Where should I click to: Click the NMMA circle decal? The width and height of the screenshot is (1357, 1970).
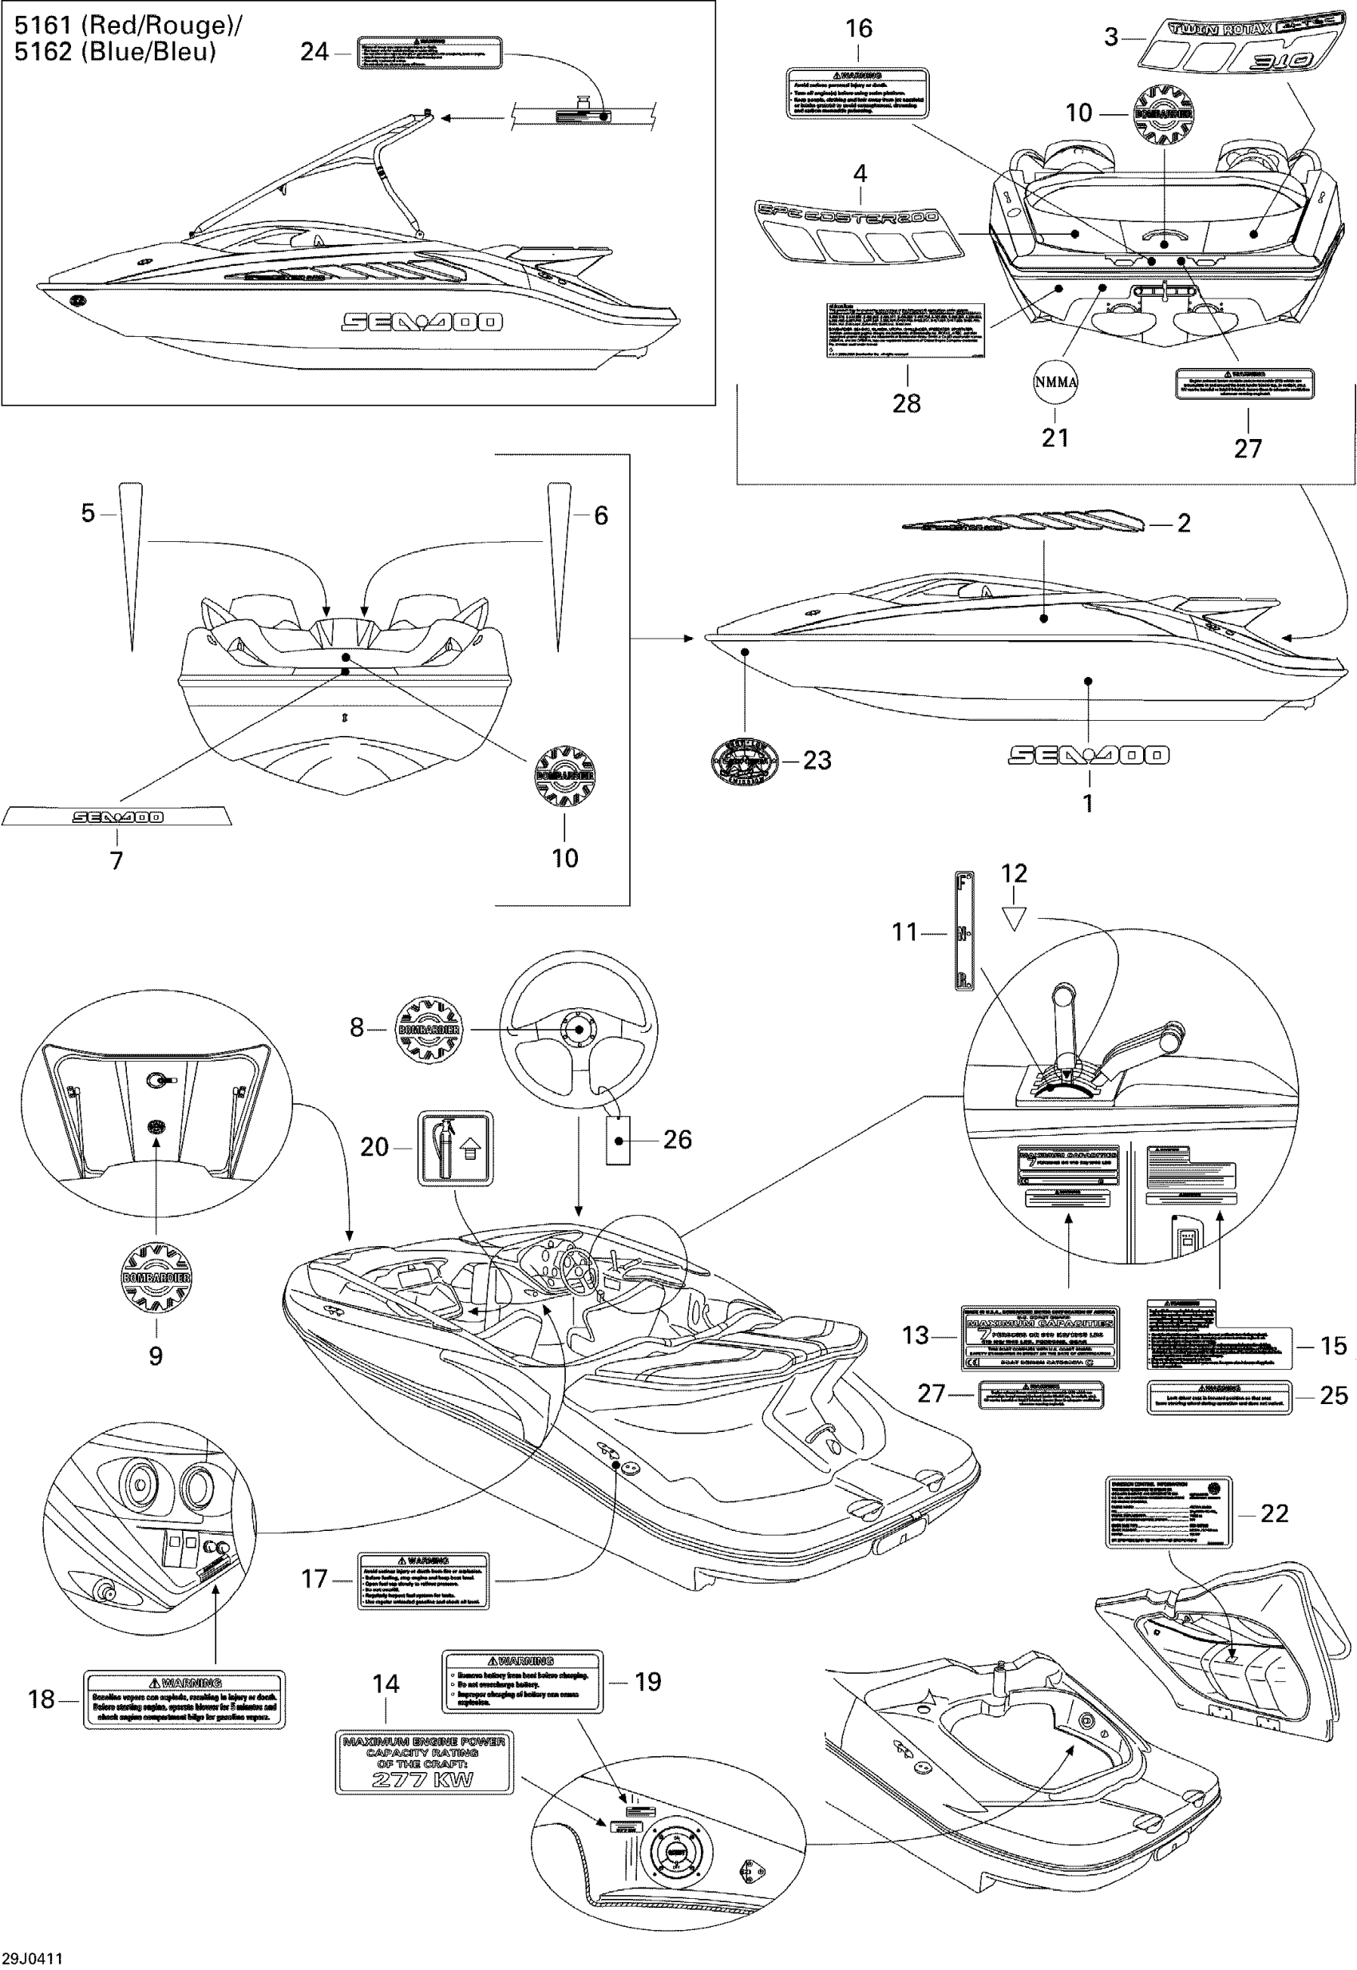click(x=1055, y=382)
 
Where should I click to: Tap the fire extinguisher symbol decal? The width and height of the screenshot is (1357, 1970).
click(x=455, y=1148)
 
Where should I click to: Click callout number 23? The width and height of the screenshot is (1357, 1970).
click(x=817, y=760)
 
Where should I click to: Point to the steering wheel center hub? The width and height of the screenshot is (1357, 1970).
click(x=577, y=1029)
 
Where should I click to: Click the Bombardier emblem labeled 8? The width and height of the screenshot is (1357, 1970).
click(x=429, y=1029)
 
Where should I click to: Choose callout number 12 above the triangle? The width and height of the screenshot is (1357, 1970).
click(x=1015, y=873)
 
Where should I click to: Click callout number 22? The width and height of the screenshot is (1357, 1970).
click(x=1275, y=1513)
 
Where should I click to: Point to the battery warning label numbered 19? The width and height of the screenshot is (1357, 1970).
click(x=522, y=1681)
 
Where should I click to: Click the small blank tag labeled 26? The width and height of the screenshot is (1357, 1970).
click(x=618, y=1139)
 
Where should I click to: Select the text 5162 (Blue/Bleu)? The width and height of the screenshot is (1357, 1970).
click(x=115, y=53)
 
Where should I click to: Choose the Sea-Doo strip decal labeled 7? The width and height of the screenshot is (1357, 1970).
click(x=117, y=817)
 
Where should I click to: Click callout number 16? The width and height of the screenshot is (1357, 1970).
click(x=859, y=29)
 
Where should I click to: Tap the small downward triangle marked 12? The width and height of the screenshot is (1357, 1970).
click(x=1015, y=918)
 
